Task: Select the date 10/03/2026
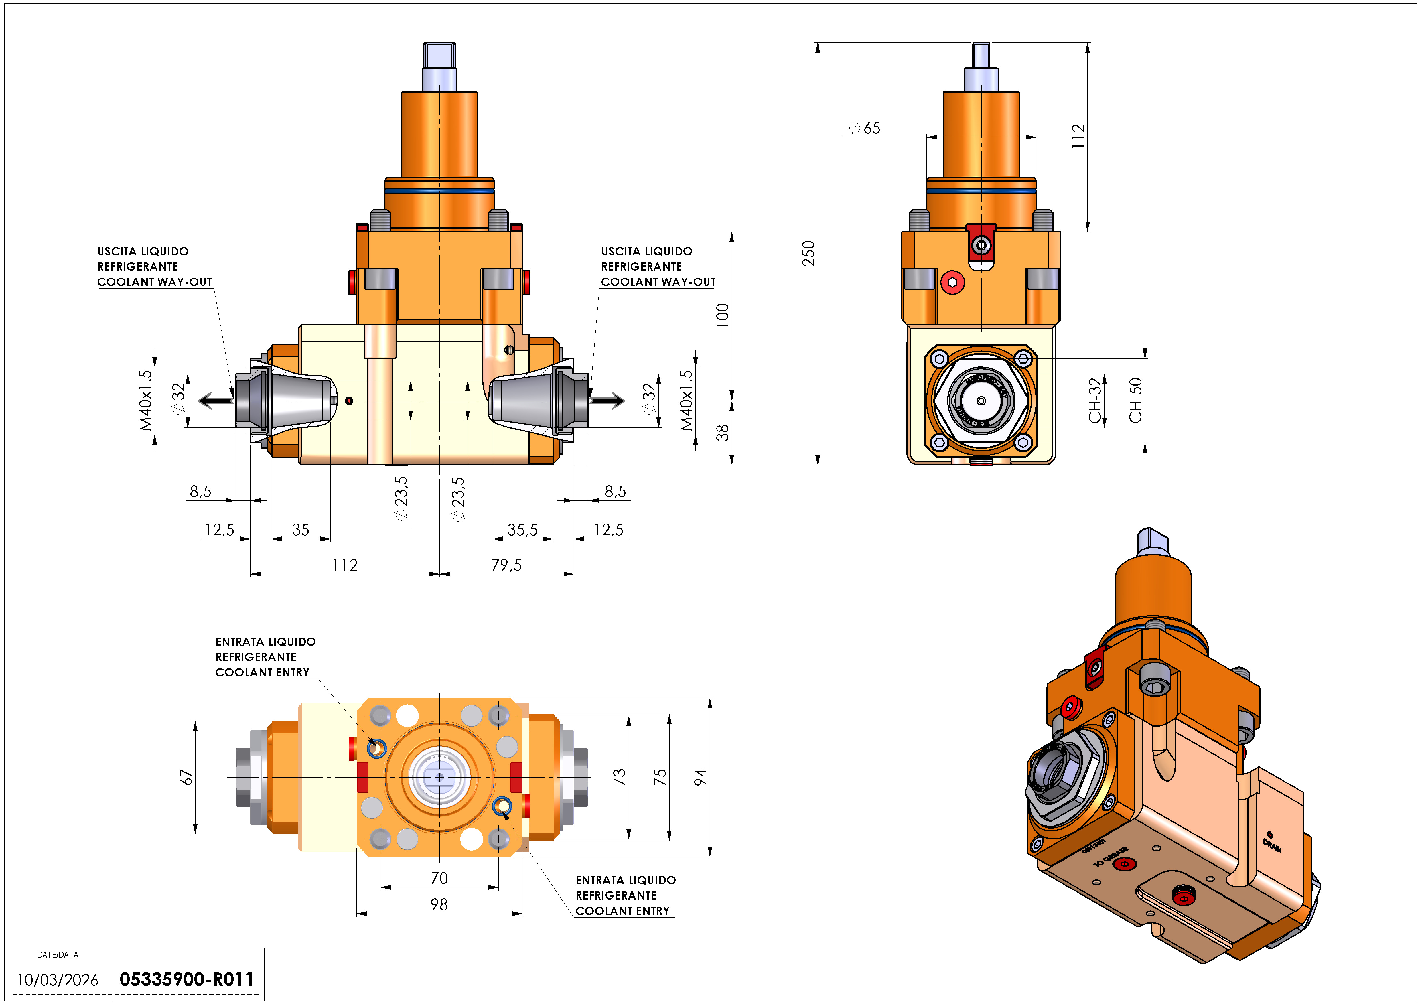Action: pos(58,980)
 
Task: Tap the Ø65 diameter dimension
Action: pos(865,128)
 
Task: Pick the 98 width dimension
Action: pos(439,904)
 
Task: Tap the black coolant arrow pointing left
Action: pos(215,401)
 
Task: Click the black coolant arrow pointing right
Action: pos(607,401)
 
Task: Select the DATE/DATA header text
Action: pos(58,954)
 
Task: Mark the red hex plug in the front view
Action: pos(952,283)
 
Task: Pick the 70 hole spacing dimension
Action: pos(439,878)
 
